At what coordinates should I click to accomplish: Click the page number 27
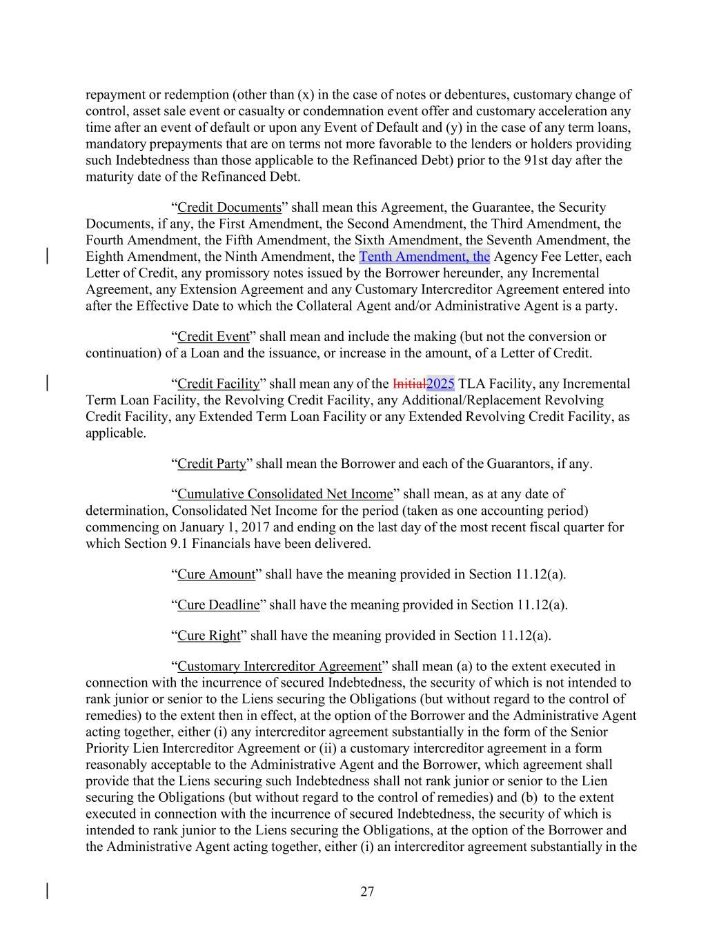[367, 892]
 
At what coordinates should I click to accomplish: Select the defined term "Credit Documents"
[229, 207]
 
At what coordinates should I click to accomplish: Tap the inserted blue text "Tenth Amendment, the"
[424, 257]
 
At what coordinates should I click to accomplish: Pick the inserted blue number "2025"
[440, 384]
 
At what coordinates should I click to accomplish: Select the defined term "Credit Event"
[213, 337]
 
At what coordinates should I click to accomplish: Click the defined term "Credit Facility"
[219, 384]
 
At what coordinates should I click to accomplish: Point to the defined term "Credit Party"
[212, 464]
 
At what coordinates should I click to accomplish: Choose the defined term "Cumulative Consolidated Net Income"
[285, 494]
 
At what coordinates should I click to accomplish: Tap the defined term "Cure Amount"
[217, 574]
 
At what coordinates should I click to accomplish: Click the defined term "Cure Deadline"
[219, 605]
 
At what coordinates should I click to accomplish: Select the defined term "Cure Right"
[209, 636]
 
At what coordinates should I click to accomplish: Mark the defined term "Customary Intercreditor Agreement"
[279, 666]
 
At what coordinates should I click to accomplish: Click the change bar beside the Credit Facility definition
[47, 384]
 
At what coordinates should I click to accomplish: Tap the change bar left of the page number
[47, 890]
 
